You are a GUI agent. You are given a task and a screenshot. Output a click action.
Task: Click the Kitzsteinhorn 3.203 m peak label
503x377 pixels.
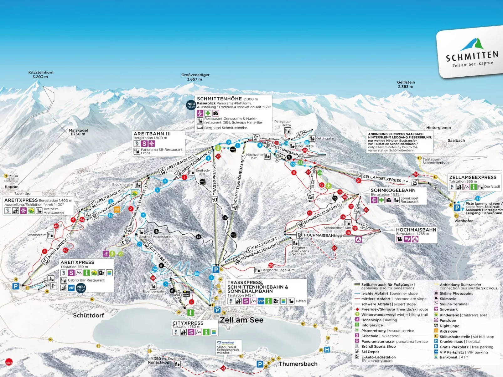coord(41,74)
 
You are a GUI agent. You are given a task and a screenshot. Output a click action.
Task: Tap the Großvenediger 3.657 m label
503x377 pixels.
coord(195,77)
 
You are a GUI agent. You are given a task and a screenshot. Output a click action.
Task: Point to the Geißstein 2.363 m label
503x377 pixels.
coord(406,84)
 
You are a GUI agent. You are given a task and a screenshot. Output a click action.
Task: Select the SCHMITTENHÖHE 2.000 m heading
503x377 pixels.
coord(227,99)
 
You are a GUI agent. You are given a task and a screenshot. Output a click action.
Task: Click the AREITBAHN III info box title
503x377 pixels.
coord(152,134)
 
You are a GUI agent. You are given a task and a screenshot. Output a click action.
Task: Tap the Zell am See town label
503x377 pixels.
coord(241,320)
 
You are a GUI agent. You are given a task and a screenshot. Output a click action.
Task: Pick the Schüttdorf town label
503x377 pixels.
coord(88,315)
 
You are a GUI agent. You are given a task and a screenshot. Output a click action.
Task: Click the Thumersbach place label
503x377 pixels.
coord(298,364)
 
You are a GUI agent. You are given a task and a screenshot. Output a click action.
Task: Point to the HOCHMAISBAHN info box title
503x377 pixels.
coord(416,230)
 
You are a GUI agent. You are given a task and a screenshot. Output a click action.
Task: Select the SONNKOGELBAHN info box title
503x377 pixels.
coord(393,190)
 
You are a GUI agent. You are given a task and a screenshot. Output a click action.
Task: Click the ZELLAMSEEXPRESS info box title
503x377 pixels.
coord(473,177)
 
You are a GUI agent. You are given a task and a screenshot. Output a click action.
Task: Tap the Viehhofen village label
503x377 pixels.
coord(464,221)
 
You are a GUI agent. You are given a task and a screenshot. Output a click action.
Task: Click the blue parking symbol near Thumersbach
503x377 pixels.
coord(260,364)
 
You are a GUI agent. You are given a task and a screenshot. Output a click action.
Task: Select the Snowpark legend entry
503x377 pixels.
coord(448,309)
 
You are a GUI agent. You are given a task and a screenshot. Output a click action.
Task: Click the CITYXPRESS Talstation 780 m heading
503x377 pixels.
coord(188,323)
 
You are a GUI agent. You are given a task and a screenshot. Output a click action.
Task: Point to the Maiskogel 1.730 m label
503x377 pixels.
coord(78,132)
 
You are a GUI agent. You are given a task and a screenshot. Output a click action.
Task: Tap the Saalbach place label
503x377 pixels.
coord(456,140)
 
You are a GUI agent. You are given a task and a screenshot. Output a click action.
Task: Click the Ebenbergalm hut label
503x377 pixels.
coord(154,291)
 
